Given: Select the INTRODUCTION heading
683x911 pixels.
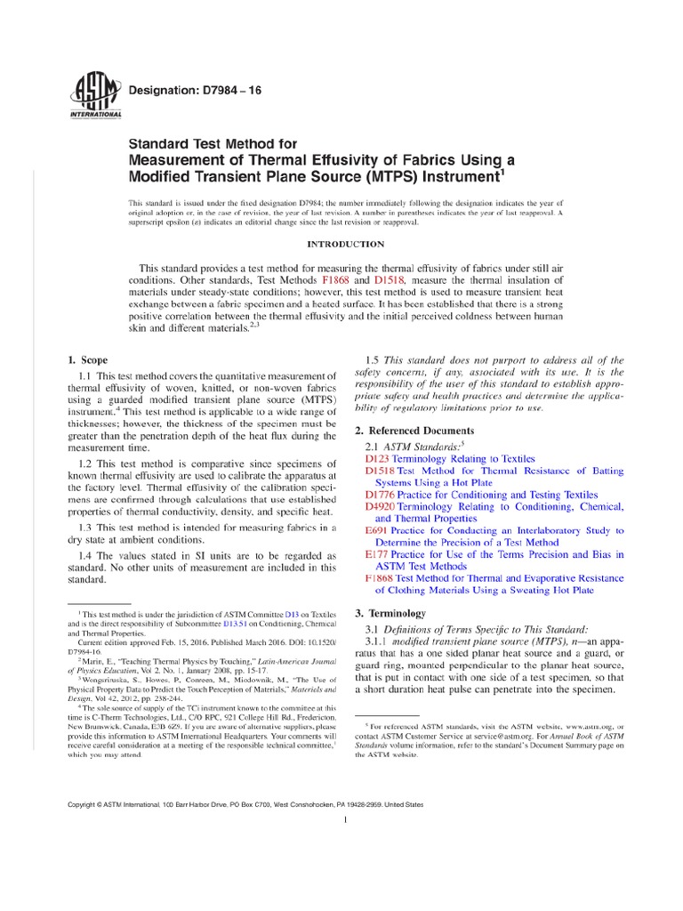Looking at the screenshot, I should tap(346, 244).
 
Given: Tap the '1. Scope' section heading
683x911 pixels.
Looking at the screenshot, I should tap(88, 360).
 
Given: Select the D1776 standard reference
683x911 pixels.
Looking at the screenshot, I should tap(381, 494).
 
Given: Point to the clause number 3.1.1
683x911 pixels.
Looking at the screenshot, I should tap(381, 642).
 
